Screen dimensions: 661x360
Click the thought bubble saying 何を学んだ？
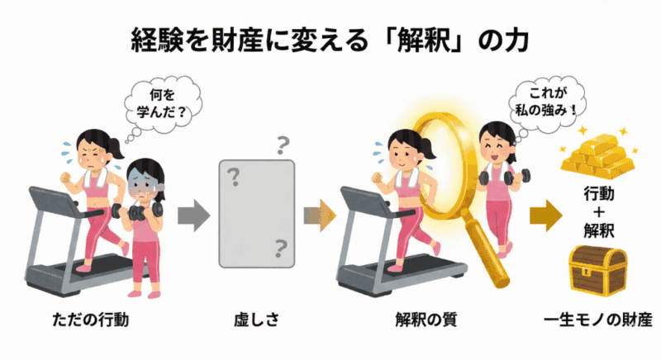point(162,103)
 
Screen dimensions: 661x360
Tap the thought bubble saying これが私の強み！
point(547,103)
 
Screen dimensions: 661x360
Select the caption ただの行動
point(91,320)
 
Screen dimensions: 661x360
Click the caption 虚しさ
point(257,320)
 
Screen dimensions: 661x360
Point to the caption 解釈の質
point(426,320)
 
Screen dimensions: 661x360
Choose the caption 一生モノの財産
point(597,320)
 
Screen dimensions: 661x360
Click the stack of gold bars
point(597,154)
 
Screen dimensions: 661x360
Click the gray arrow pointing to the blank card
point(193,216)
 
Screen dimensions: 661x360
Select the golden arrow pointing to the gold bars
point(546,216)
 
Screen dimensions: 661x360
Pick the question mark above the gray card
point(283,145)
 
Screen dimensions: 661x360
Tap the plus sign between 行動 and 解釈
point(598,212)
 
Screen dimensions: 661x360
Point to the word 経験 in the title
point(156,40)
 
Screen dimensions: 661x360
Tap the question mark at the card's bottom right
point(280,249)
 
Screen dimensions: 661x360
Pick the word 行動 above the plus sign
point(598,194)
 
